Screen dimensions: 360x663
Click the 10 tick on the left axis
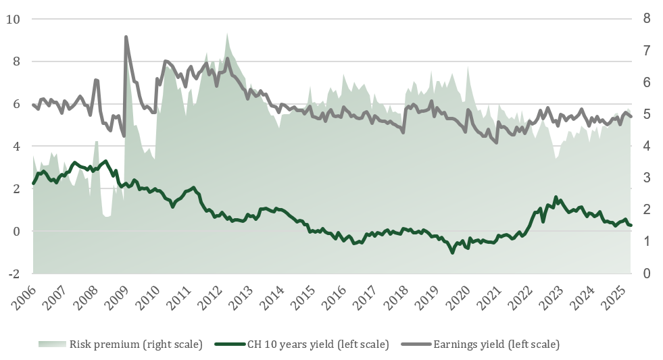13,19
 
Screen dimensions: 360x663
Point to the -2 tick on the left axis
14,274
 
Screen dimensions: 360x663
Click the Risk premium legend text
136,344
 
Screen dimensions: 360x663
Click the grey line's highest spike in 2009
126,36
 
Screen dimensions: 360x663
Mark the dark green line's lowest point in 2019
452,252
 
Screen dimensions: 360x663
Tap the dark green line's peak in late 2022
556,197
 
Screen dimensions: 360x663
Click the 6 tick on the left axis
14,104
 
